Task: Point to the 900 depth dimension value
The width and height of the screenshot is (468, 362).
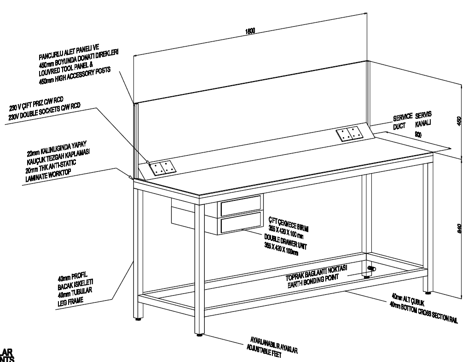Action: point(418,134)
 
